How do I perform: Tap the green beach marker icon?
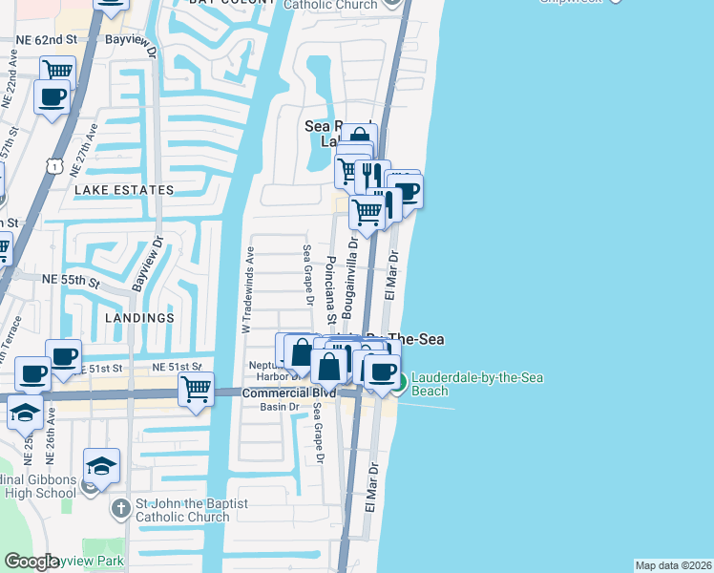click(x=399, y=384)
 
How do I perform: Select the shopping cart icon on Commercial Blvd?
click(x=196, y=388)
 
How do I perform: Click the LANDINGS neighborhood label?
click(x=140, y=317)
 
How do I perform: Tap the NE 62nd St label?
click(x=46, y=40)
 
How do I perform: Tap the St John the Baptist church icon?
click(x=119, y=509)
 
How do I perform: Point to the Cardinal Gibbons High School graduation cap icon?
click(x=100, y=465)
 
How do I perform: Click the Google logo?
click(x=31, y=562)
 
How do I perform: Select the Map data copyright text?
click(x=673, y=565)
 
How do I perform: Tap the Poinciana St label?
click(x=330, y=284)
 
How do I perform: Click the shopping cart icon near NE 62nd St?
click(x=58, y=70)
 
